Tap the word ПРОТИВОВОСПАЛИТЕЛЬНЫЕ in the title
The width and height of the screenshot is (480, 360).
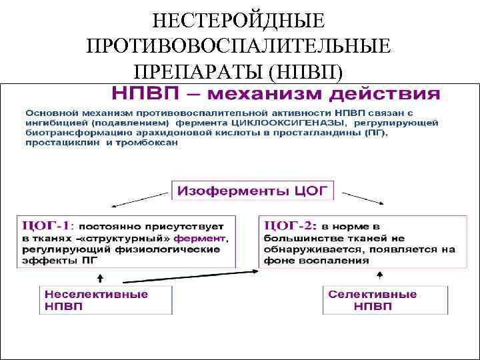tap(239, 46)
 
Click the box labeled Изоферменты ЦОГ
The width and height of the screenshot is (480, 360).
tap(253, 191)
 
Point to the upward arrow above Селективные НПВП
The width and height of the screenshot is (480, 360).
tap(379, 276)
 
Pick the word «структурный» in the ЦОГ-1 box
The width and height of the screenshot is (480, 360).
tap(142, 238)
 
